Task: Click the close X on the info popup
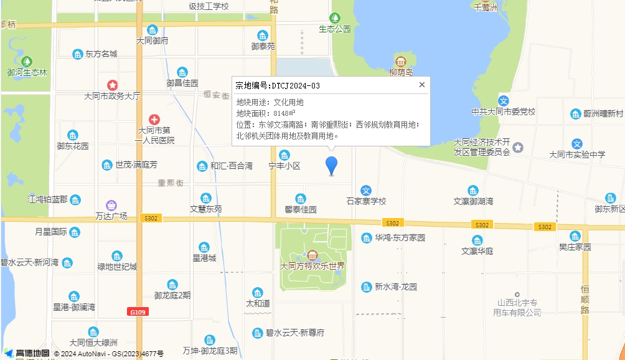[421, 85]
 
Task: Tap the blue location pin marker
[332, 166]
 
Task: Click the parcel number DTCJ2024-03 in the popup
[296, 85]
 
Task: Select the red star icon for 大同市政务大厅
[112, 85]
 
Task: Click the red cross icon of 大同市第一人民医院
[154, 119]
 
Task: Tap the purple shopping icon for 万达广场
[111, 205]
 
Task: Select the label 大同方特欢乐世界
[312, 267]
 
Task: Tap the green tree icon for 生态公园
[336, 17]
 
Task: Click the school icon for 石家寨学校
[366, 190]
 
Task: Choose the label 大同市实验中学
[577, 154]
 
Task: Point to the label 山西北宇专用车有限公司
[517, 307]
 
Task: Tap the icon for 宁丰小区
[284, 154]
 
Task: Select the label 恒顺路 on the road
[585, 299]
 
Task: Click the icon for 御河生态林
[27, 61]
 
